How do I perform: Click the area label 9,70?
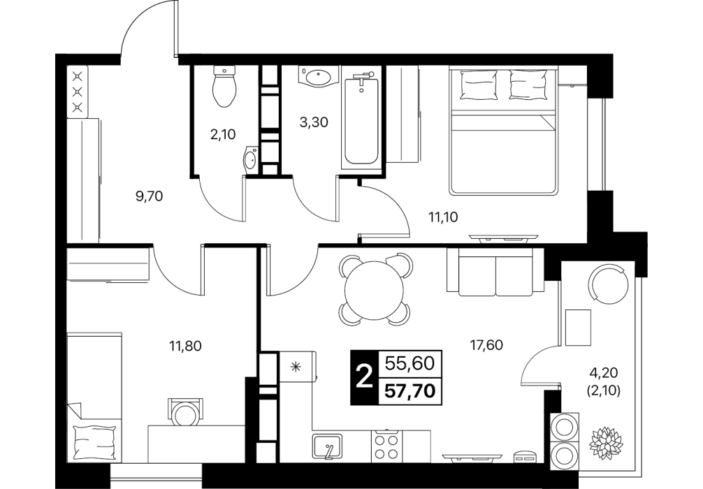(148, 196)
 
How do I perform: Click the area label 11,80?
(185, 346)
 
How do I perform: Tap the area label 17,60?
(486, 345)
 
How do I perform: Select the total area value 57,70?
(410, 391)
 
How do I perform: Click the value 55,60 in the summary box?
(410, 363)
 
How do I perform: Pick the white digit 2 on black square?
(364, 377)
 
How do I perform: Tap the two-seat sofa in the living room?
(495, 272)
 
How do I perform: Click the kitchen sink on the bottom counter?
(327, 446)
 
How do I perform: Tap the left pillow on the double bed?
(479, 85)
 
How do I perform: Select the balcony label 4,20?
(604, 372)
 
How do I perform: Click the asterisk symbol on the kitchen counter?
(296, 366)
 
